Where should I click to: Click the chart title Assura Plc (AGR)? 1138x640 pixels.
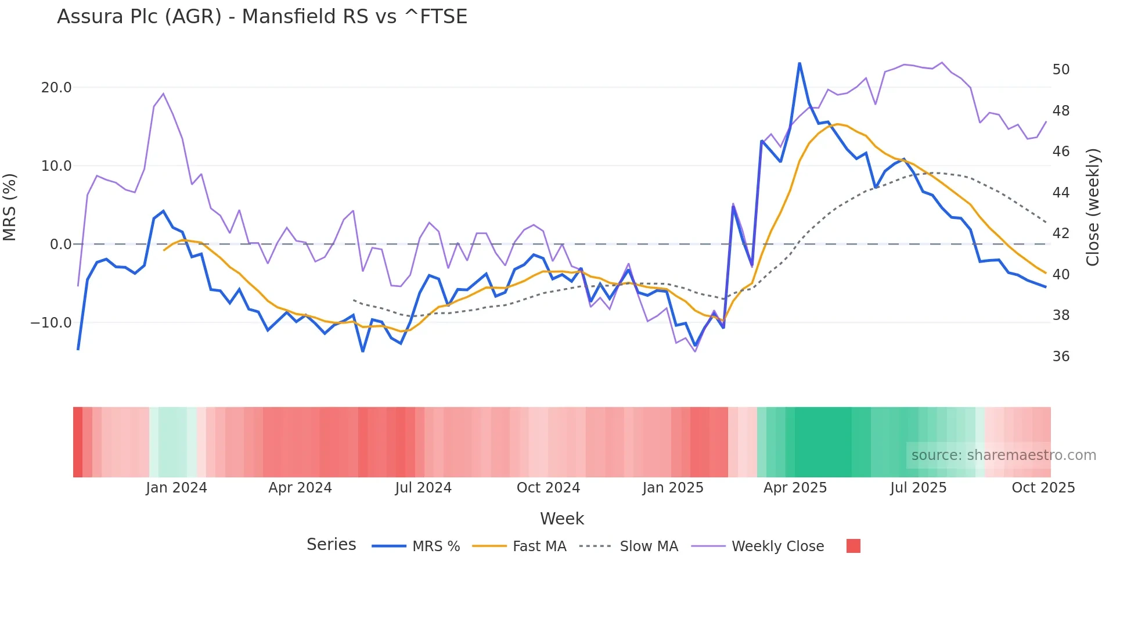[262, 16]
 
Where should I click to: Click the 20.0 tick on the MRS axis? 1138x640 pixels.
[56, 88]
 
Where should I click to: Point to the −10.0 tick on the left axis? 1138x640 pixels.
[51, 323]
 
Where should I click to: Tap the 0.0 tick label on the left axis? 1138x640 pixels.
[60, 245]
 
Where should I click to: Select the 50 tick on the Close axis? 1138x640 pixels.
[1061, 70]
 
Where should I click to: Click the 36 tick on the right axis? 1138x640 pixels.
[1061, 357]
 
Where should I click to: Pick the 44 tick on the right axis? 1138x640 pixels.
[1061, 193]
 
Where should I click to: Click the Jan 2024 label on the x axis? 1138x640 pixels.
[176, 488]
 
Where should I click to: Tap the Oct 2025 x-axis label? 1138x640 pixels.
[1043, 488]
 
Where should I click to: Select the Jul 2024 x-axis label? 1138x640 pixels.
[423, 488]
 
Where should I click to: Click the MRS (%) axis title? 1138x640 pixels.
[10, 207]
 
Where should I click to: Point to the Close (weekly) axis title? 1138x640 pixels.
[1093, 207]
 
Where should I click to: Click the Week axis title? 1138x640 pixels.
[561, 519]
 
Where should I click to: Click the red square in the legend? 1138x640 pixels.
[853, 546]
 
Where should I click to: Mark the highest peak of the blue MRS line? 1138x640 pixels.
[800, 63]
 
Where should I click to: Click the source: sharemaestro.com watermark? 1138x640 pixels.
[1003, 455]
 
